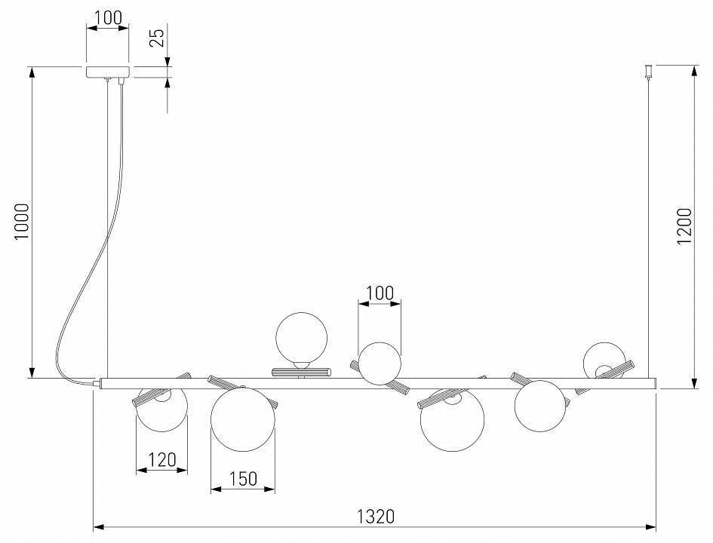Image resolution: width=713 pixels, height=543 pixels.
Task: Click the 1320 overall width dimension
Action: (376, 517)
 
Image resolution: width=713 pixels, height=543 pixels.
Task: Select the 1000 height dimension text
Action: (22, 221)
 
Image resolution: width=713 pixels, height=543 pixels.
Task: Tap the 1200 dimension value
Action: (684, 225)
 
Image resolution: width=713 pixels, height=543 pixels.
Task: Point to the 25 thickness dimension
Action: (156, 38)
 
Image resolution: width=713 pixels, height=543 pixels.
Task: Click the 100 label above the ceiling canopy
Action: (107, 17)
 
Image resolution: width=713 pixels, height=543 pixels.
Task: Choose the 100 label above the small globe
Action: (380, 293)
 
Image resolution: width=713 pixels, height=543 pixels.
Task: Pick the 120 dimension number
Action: (162, 460)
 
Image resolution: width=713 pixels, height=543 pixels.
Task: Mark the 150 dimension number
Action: (243, 478)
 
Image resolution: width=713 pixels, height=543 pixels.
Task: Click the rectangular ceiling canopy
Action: (108, 72)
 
